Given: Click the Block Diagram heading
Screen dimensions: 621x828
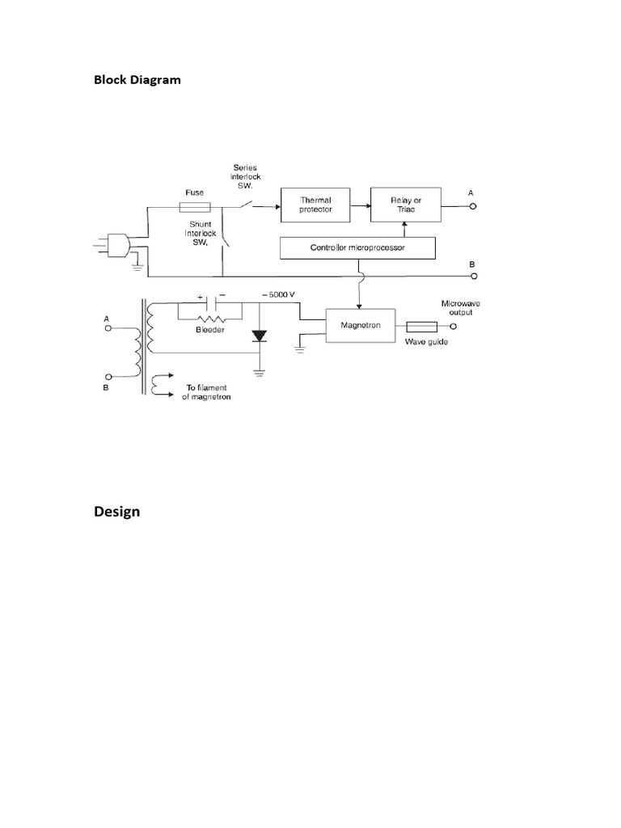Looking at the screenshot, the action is coord(137,80).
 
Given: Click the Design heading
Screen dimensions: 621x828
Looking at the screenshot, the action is coord(116,512).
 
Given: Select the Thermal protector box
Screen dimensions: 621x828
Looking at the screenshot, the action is coord(316,205).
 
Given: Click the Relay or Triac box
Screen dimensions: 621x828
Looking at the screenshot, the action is coord(404,205).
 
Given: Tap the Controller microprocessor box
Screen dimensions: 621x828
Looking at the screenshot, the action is coord(357,247).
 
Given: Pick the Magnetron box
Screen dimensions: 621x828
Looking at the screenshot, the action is coord(360,326).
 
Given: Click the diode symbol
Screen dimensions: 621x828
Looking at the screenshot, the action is coord(259,335).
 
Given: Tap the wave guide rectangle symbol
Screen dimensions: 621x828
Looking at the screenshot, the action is coord(420,327).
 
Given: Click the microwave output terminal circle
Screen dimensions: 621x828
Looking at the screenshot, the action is coord(453,327).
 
